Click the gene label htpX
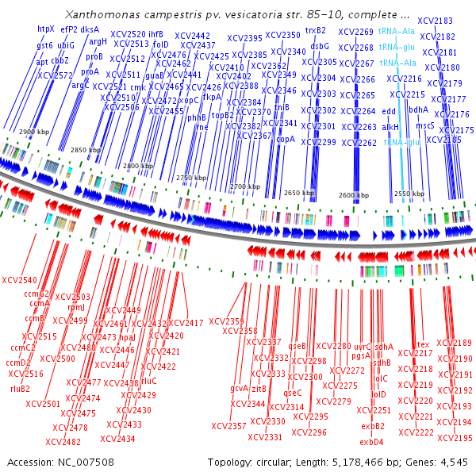(46, 29)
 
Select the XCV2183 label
(438, 21)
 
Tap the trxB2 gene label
(316, 31)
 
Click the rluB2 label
(20, 389)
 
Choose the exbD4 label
(371, 442)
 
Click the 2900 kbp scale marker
(34, 131)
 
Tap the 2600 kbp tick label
(353, 195)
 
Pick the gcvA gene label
(239, 388)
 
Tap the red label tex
(423, 344)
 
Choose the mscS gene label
(425, 125)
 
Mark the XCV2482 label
(63, 442)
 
